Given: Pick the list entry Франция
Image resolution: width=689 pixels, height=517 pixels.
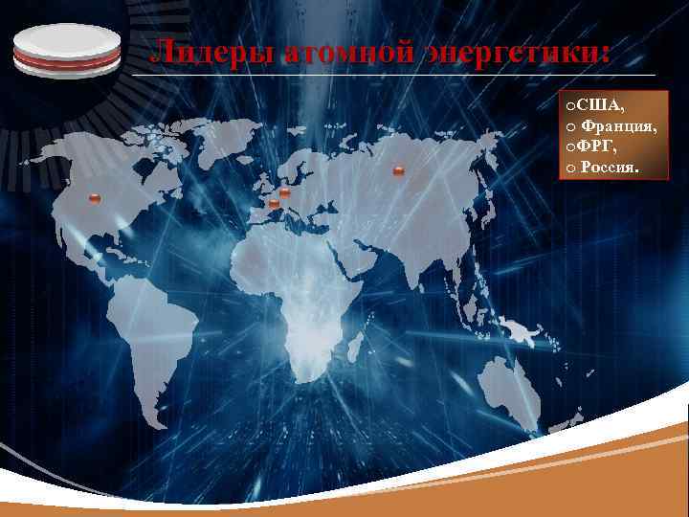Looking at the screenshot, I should click(618, 125).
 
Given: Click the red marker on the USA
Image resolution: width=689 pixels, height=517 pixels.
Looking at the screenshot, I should click(94, 198).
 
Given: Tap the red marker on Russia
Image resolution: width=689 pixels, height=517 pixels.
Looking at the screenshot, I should click(398, 171).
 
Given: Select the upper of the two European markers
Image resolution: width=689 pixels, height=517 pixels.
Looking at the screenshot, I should click(285, 192).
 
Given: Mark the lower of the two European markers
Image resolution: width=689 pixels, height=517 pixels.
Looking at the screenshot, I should click(275, 204).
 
